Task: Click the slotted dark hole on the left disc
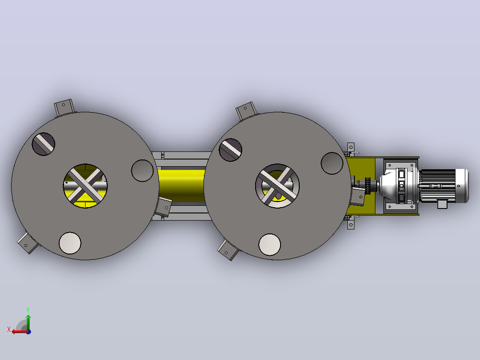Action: pos(44,144)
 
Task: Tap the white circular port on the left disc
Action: pos(70,243)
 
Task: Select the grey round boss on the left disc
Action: pos(142,171)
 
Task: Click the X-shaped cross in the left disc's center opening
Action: pos(85,186)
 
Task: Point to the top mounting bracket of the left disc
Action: pos(64,107)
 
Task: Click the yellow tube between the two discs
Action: pos(181,186)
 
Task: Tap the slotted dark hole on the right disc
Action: pos(231,150)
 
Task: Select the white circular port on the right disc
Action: pos(270,245)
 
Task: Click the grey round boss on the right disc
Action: pos(332,164)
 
